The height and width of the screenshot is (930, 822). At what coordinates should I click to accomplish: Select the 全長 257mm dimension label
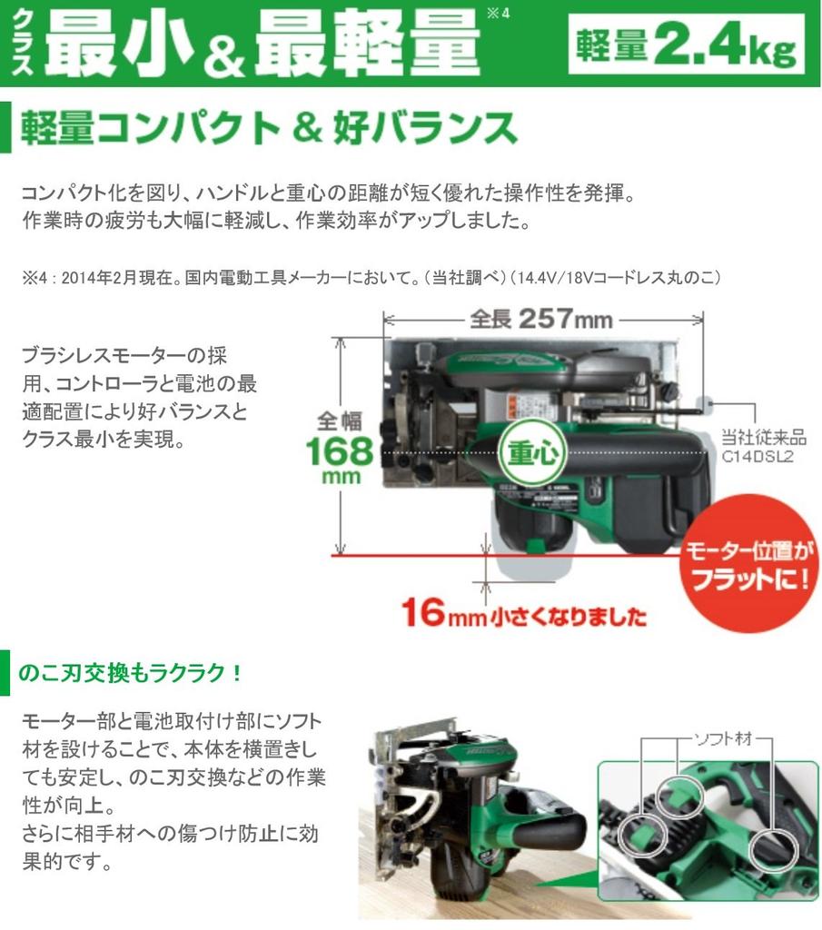tap(541, 320)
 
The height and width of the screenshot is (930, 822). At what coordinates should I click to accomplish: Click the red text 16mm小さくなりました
tap(524, 615)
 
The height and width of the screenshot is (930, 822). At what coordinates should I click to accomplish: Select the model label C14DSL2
tap(758, 457)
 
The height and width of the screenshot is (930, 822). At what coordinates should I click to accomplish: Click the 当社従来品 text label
tap(758, 437)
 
